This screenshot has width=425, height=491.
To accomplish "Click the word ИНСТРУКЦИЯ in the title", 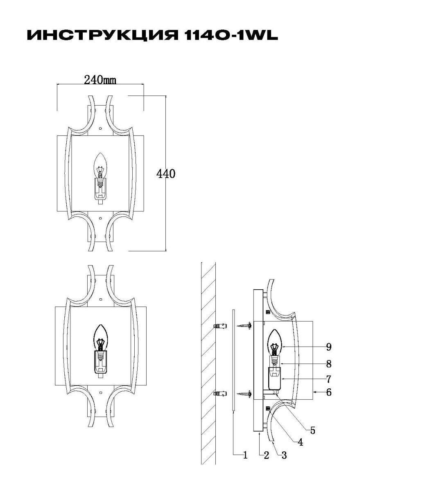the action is pos(102,36).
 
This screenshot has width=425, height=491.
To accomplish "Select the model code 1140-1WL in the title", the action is pos(231,36).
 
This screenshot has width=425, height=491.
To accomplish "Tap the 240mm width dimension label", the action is pos(100,80).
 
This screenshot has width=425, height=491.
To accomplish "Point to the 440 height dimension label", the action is pos(166,174).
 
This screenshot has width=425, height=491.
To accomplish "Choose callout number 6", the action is pos(329,372).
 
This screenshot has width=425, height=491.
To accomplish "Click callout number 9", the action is pos(329,327).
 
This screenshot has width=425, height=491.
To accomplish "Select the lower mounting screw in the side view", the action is pos(244,374).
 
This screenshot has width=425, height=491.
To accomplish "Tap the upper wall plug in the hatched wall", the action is pos(220,306).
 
